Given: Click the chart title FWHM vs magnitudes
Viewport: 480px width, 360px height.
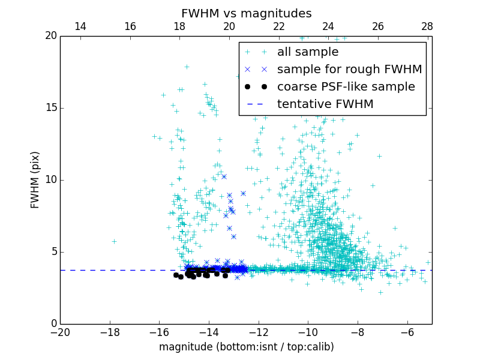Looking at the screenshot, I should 246,13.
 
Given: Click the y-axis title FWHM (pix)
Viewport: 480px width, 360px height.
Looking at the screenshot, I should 35,179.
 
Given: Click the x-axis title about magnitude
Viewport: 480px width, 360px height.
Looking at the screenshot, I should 246,347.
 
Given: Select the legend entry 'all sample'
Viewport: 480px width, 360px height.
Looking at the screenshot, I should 308,52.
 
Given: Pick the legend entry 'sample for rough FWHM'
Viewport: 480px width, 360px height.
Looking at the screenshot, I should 349,70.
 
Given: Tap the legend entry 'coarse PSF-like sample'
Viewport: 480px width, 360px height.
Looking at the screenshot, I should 346,87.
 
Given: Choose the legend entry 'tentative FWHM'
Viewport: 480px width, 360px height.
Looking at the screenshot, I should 325,104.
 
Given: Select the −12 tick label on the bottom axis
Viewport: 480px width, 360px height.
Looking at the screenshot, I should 259,332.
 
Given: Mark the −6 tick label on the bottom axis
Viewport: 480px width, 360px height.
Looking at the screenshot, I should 407,332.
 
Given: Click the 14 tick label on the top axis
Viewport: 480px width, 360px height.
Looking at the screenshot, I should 80,26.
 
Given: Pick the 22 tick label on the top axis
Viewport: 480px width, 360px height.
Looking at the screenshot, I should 278,26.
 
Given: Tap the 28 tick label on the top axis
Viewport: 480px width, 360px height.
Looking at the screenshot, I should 427,26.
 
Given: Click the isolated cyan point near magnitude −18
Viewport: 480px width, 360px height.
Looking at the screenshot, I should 114,241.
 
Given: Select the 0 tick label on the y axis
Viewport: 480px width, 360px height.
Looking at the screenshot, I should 53,324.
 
